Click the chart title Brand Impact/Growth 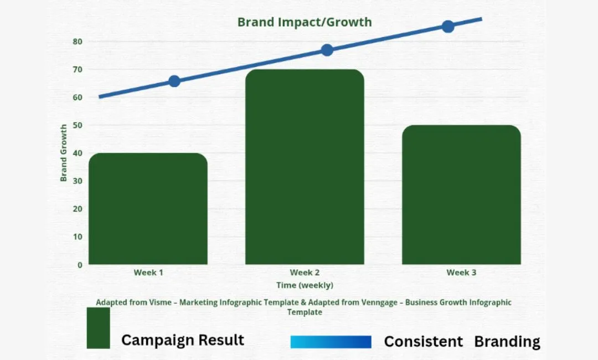(305, 22)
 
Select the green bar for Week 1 (148, 209)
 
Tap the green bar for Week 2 (305, 167)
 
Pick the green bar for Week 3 (461, 194)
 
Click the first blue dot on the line (174, 81)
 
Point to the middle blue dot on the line (327, 50)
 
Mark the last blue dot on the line (448, 27)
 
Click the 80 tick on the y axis (78, 42)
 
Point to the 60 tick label (78, 97)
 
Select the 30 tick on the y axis (78, 181)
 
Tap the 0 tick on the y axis (80, 265)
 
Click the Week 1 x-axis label (148, 272)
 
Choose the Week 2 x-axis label (305, 272)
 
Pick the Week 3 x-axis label (461, 272)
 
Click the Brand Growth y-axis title (64, 153)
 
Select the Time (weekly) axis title (305, 285)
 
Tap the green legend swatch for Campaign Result (99, 328)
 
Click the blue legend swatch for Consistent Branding (331, 342)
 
